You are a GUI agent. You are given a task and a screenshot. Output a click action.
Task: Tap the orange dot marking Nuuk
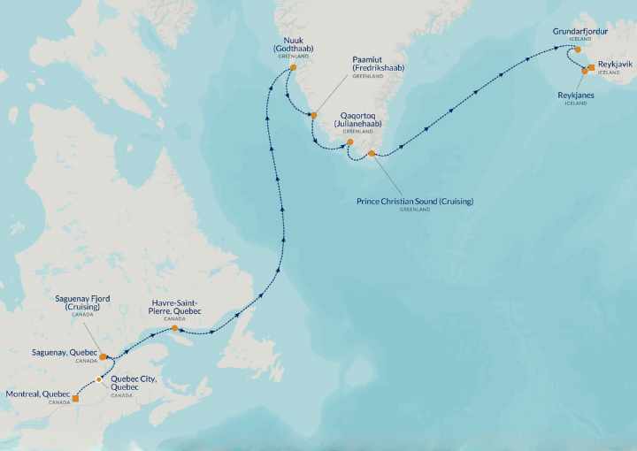click(x=294, y=67)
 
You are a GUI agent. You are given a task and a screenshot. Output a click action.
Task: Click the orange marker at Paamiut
click(x=313, y=115)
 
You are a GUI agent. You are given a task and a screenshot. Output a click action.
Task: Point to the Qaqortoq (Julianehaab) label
click(x=362, y=120)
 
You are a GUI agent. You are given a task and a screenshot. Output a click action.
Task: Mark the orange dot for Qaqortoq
click(x=350, y=141)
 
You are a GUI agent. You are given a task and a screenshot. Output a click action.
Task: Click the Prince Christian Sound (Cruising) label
click(x=414, y=202)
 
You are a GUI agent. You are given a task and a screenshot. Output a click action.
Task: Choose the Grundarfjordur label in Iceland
click(x=581, y=31)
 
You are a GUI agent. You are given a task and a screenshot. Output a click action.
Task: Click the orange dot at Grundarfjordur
click(x=578, y=50)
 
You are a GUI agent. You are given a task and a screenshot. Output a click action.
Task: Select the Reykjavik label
click(x=615, y=66)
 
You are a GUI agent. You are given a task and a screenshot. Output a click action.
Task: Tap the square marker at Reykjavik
click(x=591, y=67)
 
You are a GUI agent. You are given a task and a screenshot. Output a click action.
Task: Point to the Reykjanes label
click(x=575, y=94)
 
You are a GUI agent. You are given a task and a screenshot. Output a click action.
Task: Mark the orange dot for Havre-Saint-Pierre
click(x=175, y=329)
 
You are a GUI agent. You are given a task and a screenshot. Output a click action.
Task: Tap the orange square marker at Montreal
click(x=75, y=399)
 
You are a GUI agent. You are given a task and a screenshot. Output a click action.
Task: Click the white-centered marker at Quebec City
click(x=99, y=379)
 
